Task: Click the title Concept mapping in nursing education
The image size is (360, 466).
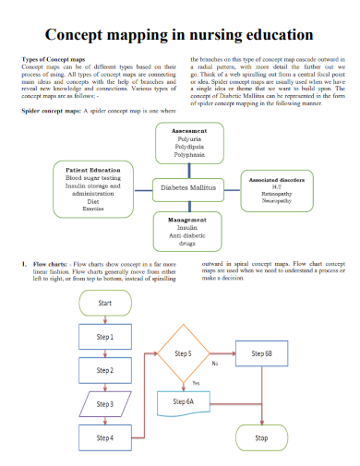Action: [179, 35]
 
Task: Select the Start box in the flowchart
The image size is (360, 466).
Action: [105, 303]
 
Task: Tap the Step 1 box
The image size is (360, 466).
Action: [105, 337]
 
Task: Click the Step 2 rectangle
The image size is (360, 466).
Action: [105, 370]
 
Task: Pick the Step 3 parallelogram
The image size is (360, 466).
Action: [105, 403]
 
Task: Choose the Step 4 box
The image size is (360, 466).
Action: [105, 436]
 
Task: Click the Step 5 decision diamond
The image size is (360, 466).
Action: [183, 353]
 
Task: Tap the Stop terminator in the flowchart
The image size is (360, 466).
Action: [261, 437]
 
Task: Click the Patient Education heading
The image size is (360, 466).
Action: [93, 170]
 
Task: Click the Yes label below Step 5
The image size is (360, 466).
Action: [196, 382]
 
